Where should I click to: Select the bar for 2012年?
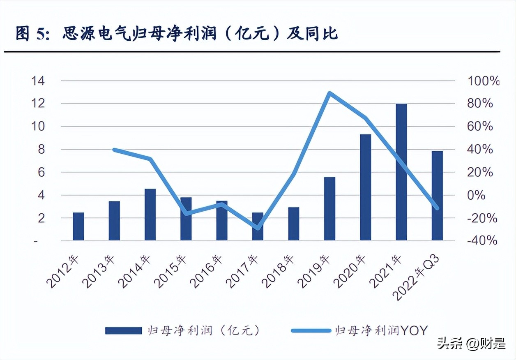78,226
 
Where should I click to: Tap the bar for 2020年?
365,187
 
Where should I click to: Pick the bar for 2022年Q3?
437,196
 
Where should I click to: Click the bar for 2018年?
294,224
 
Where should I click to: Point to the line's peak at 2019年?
329,93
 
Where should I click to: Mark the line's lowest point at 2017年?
258,228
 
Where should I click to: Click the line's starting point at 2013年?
114,150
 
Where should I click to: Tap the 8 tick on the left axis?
41,150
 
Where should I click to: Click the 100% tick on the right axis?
483,81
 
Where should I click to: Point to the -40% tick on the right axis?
482,241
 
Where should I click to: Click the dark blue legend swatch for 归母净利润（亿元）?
123,330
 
